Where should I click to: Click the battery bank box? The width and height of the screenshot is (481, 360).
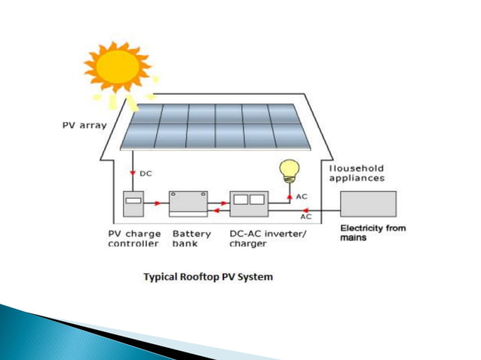coord(188,203)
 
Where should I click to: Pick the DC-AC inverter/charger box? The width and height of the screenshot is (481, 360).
coord(249,204)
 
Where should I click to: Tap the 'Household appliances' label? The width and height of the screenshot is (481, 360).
coord(357,173)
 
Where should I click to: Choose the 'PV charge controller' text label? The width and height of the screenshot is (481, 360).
coord(133,239)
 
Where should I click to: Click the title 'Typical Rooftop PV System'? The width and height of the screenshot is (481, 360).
coord(208,277)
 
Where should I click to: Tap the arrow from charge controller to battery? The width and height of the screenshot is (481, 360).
coord(157,203)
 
